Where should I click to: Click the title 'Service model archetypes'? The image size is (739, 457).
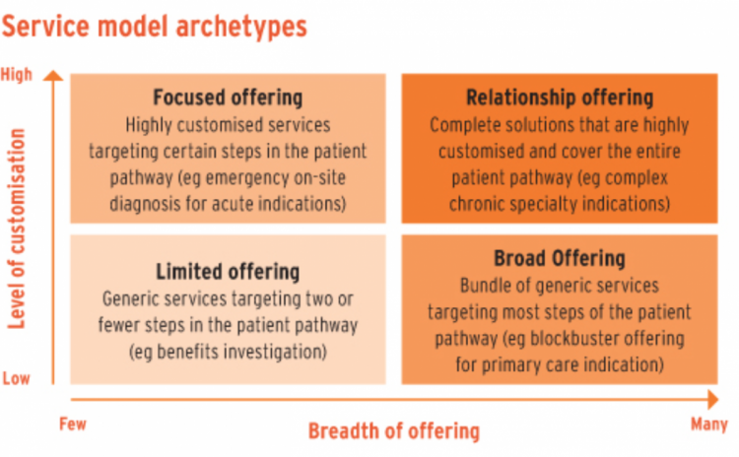click(154, 26)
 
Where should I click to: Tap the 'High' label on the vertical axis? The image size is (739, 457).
click(17, 75)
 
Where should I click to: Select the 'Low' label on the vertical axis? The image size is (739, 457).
click(17, 378)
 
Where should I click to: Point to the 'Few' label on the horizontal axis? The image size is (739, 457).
click(73, 424)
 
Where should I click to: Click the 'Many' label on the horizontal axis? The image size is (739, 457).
click(708, 424)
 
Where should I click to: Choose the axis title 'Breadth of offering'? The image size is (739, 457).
click(394, 431)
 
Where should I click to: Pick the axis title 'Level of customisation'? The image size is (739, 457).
click(17, 228)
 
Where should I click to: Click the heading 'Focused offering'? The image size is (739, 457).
click(229, 98)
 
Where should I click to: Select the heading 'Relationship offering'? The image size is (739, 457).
click(560, 98)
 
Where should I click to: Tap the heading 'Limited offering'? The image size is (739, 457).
click(229, 272)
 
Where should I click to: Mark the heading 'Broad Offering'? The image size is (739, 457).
click(560, 258)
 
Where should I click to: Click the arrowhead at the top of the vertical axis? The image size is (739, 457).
click(53, 76)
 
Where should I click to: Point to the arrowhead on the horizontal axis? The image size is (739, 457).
click(713, 400)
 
